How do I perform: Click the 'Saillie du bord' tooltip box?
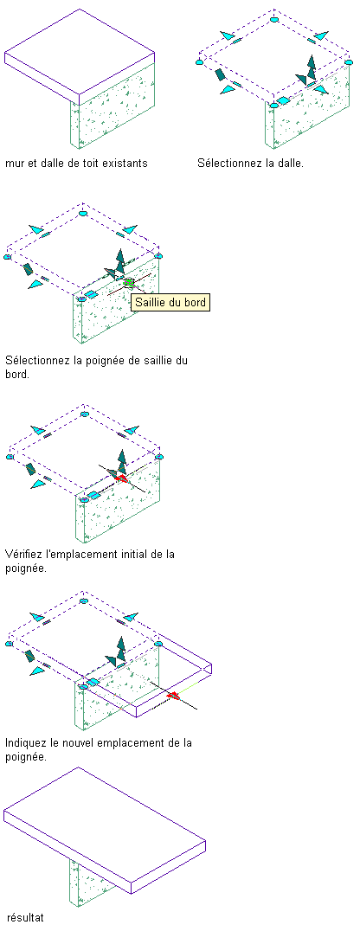click(x=170, y=302)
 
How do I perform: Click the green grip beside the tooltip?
click(x=129, y=283)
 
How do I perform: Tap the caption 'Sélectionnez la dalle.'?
click(x=250, y=162)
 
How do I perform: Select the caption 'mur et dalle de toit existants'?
click(x=76, y=162)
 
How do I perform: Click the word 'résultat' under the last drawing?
click(x=26, y=917)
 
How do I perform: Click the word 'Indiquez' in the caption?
click(x=26, y=742)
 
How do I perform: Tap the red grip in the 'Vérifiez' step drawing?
click(x=122, y=478)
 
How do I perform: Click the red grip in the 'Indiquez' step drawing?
click(x=173, y=696)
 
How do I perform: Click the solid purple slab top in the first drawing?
click(x=80, y=52)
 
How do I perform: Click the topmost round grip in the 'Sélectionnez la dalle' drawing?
click(x=273, y=20)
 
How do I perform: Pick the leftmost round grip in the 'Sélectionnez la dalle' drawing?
click(x=200, y=61)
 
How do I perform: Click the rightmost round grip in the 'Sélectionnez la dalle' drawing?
click(x=348, y=60)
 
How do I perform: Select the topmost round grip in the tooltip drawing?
click(x=84, y=213)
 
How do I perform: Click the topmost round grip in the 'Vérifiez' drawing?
click(x=84, y=414)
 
